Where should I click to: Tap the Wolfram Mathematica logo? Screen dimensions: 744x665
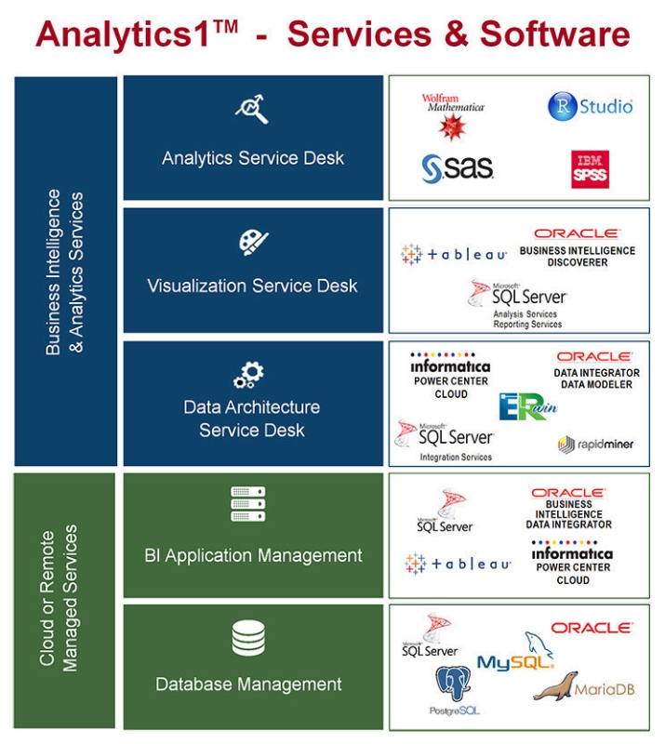(453, 115)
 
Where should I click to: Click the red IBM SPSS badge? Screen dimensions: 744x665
(590, 169)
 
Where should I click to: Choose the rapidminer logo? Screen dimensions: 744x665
(595, 444)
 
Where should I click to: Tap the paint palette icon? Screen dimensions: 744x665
(252, 242)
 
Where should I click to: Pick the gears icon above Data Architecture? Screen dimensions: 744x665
(249, 374)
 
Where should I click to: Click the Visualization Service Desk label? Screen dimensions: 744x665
(252, 286)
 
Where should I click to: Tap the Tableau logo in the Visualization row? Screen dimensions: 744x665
(454, 254)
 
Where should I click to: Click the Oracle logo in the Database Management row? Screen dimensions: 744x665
(591, 628)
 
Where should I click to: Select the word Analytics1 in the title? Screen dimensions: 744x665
(137, 34)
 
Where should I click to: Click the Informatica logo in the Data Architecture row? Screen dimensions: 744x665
(451, 366)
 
